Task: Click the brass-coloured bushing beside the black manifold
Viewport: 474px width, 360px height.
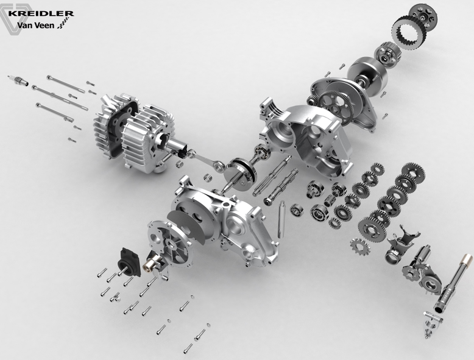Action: tap(148, 265)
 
